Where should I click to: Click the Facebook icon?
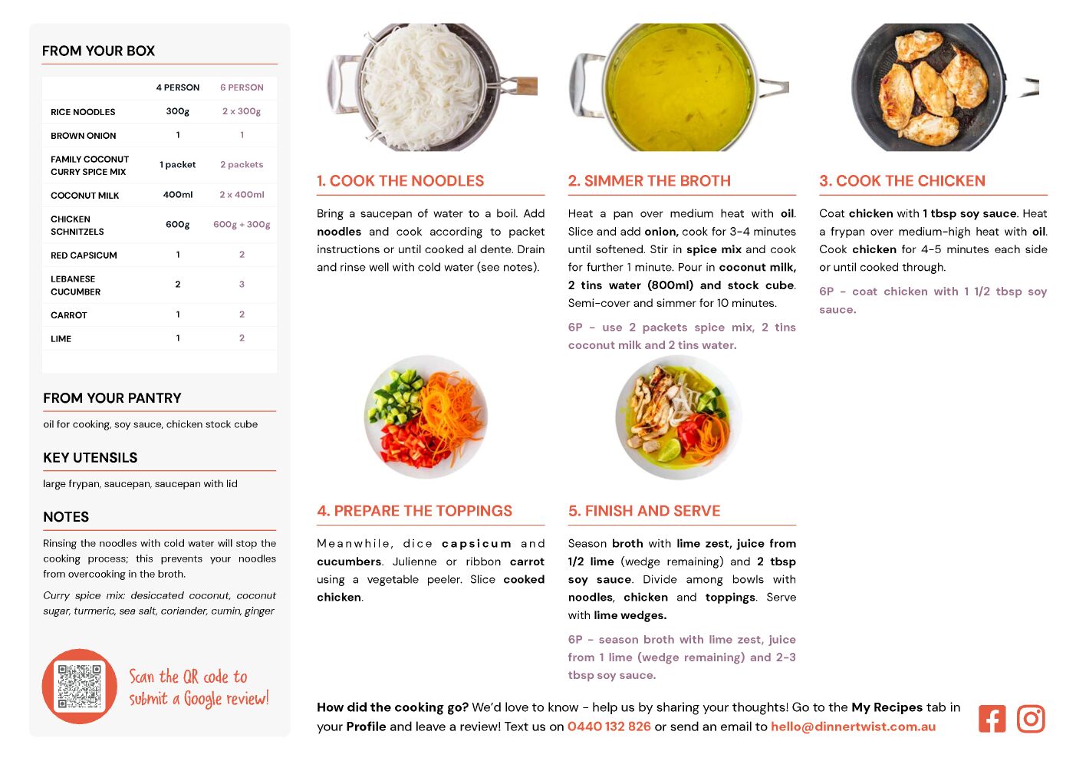992,719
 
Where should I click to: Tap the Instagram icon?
1031,719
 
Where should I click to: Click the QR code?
80,687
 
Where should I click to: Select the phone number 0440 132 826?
609,726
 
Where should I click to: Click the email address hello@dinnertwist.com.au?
853,726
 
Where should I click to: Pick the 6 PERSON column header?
242,87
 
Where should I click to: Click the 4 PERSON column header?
178,87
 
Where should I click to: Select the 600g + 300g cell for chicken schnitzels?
242,224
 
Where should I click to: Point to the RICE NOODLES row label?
83,112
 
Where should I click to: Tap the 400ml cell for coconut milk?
178,195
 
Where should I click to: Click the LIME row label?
61,339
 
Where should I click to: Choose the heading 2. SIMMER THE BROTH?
649,180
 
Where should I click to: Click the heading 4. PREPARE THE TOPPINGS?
415,511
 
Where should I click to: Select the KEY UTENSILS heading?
90,457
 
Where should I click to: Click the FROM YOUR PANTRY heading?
113,398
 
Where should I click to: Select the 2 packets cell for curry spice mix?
242,164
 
